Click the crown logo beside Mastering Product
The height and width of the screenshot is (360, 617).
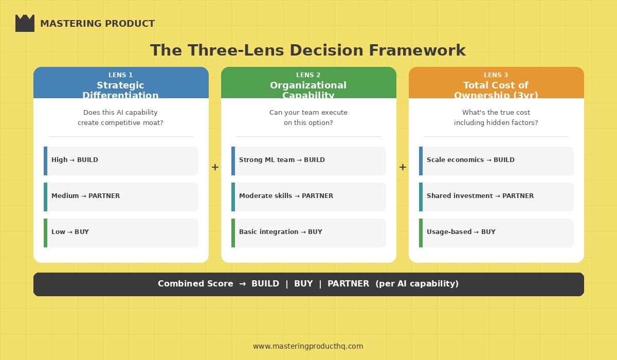tap(25, 24)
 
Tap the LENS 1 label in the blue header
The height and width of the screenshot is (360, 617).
tap(120, 75)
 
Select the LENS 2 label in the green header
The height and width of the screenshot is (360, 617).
tap(308, 75)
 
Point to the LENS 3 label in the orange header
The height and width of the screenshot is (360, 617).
tap(496, 75)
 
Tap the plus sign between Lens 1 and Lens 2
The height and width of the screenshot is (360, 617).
tap(215, 167)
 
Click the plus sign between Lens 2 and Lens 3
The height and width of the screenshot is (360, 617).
tap(403, 167)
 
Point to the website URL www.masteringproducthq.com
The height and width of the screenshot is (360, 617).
tap(308, 346)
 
